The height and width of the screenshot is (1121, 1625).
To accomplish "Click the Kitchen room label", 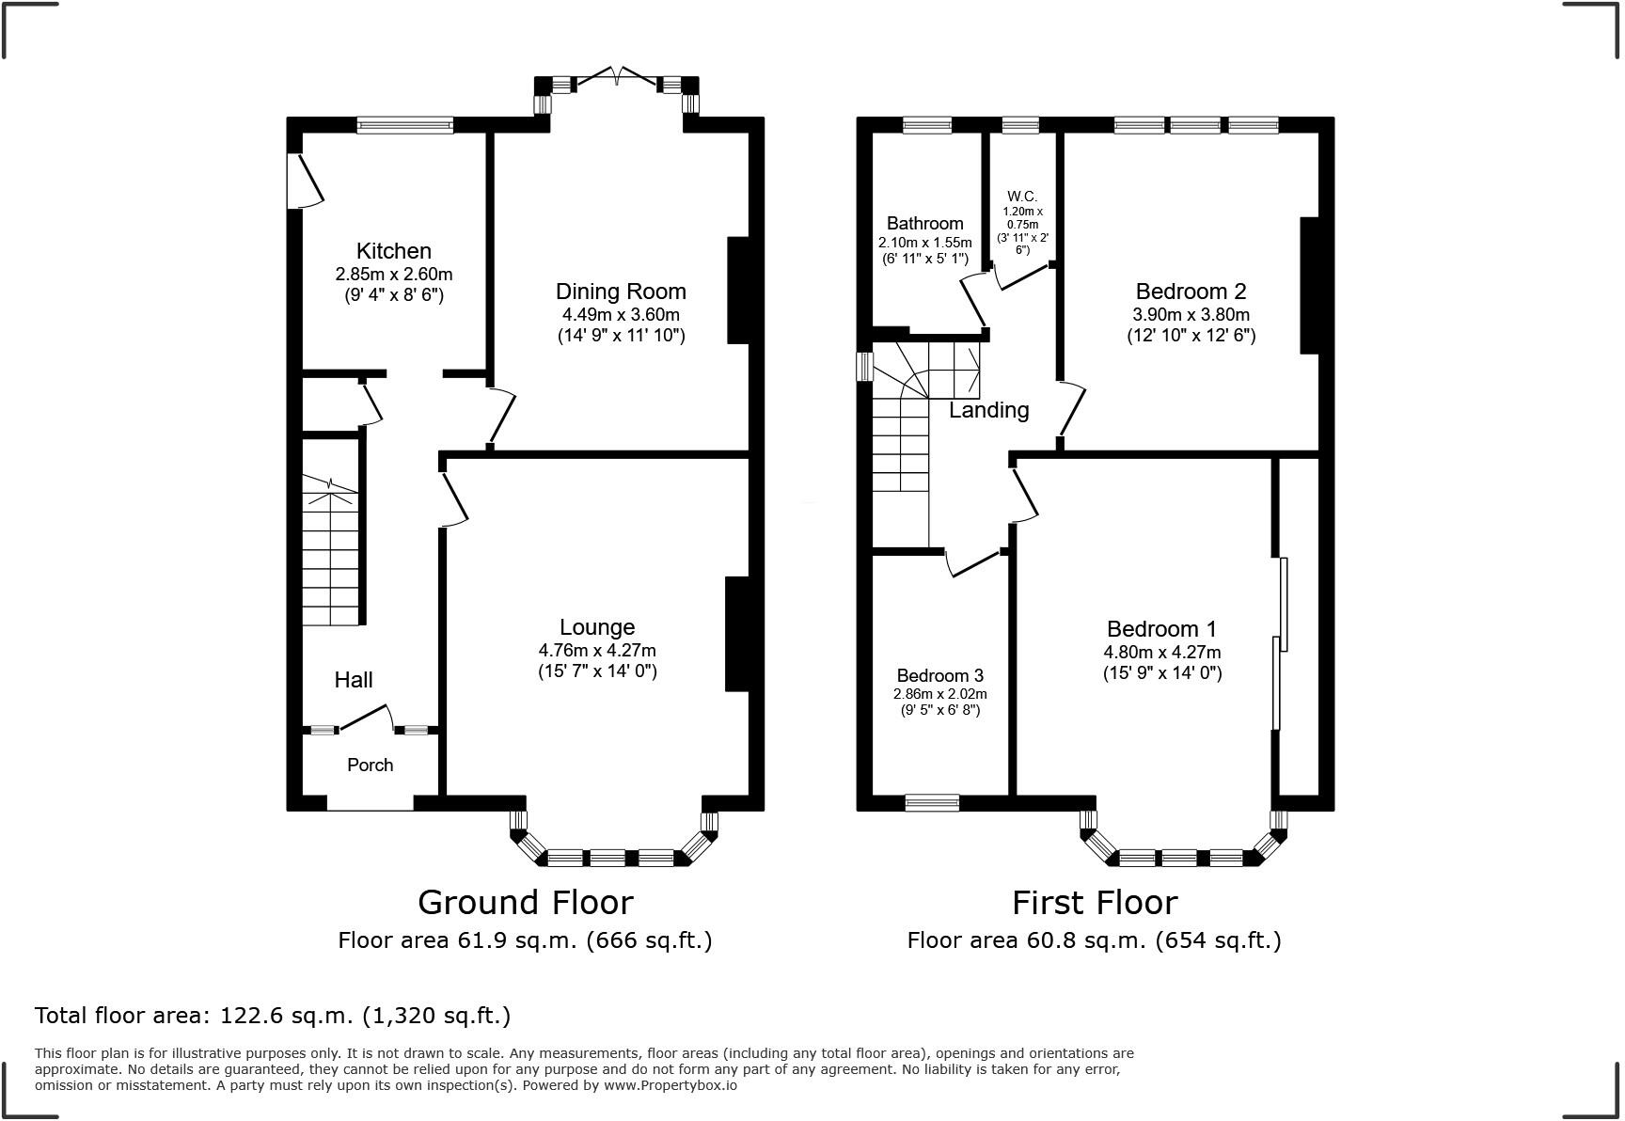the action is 394,251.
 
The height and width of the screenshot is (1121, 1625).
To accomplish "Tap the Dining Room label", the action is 621,292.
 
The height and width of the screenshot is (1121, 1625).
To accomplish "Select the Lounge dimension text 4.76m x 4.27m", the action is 597,650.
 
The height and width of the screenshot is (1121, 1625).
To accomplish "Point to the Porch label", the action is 371,765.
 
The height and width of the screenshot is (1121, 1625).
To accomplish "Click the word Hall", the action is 354,680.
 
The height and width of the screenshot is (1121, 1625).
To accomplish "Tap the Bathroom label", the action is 925,223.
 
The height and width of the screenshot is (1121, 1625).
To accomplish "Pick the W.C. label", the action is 1021,197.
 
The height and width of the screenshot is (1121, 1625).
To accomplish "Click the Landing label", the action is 989,410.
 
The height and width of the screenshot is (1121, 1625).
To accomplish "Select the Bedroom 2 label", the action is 1191,292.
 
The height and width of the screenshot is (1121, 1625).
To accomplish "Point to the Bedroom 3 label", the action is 940,675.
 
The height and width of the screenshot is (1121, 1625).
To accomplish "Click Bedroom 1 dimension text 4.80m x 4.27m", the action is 1162,652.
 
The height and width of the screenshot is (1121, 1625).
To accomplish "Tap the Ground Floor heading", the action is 526,902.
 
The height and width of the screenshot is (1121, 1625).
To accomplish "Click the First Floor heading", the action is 1095,902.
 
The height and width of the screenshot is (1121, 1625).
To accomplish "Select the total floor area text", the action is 273,1016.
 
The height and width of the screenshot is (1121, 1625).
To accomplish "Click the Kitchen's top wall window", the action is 405,125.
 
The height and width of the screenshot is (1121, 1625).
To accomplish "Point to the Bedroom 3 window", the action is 933,802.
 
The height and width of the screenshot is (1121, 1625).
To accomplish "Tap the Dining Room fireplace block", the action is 738,290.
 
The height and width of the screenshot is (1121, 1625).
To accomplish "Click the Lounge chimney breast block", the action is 736,634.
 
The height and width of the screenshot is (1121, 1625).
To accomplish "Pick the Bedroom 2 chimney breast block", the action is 1309,286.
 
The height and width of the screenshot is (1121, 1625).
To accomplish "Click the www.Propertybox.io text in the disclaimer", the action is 670,1085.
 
